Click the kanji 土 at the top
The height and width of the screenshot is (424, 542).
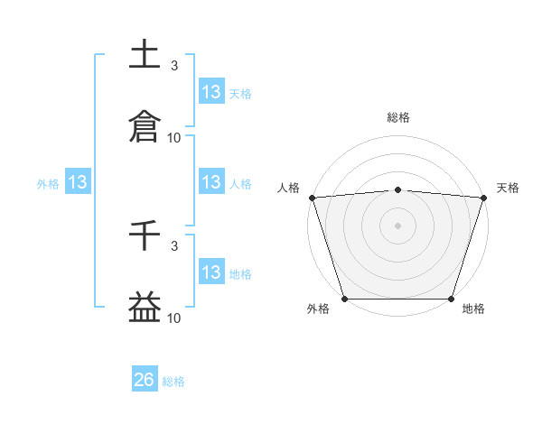(145, 54)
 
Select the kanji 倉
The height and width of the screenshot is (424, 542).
(145, 125)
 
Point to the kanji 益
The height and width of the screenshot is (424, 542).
(145, 307)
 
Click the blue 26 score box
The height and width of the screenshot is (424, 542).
(145, 380)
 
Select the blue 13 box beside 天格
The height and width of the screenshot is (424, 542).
(211, 91)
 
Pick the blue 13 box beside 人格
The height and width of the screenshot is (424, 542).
(211, 182)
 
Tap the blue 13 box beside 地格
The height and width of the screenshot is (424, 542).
(211, 272)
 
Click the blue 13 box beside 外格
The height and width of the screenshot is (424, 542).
(79, 182)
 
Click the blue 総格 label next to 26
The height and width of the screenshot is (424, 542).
(173, 382)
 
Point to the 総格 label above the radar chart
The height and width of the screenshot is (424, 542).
(398, 117)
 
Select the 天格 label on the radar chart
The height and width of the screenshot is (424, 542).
(509, 188)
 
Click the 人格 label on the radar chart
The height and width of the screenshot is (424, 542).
(288, 188)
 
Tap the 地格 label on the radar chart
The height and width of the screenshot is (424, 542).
(473, 309)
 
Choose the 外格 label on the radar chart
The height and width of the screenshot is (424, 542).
(318, 309)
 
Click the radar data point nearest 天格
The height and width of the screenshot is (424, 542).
(484, 198)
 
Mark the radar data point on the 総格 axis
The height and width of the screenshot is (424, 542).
(398, 189)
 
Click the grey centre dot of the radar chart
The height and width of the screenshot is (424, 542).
(398, 225)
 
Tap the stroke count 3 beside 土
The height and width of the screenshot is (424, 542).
(174, 66)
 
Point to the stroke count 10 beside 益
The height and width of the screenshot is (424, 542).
(174, 318)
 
